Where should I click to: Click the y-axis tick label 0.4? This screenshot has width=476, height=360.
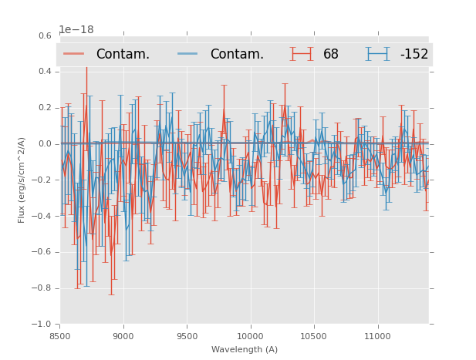pyautogui.click(x=45, y=72)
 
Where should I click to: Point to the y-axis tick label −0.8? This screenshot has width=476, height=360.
pyautogui.click(x=42, y=288)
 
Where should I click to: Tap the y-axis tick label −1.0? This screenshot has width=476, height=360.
pyautogui.click(x=42, y=325)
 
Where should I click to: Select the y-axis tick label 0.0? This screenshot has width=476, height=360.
pyautogui.click(x=45, y=144)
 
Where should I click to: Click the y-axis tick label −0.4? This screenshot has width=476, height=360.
pyautogui.click(x=42, y=216)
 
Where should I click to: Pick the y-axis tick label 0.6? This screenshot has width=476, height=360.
pyautogui.click(x=45, y=35)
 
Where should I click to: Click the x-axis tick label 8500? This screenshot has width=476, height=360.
pyautogui.click(x=60, y=335)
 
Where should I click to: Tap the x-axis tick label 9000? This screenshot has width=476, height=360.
pyautogui.click(x=123, y=335)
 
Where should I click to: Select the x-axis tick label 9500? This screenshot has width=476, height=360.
pyautogui.click(x=187, y=335)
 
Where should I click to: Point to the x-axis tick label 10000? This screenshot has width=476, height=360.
pyautogui.click(x=251, y=335)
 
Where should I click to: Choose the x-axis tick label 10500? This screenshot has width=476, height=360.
pyautogui.click(x=314, y=335)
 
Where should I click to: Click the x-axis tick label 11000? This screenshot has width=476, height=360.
pyautogui.click(x=377, y=335)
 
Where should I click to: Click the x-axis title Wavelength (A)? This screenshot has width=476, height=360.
pyautogui.click(x=245, y=349)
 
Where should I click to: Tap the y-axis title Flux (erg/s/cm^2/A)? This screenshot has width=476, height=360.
pyautogui.click(x=22, y=180)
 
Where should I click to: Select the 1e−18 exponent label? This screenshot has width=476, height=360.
pyautogui.click(x=77, y=30)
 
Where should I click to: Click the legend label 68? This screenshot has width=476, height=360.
pyautogui.click(x=331, y=55)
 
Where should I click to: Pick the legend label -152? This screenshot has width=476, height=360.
pyautogui.click(x=414, y=55)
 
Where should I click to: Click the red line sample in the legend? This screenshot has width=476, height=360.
pyautogui.click(x=74, y=54)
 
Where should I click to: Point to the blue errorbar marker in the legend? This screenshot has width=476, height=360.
pyautogui.click(x=378, y=54)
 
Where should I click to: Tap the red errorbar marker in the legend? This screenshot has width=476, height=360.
pyautogui.click(x=302, y=54)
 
